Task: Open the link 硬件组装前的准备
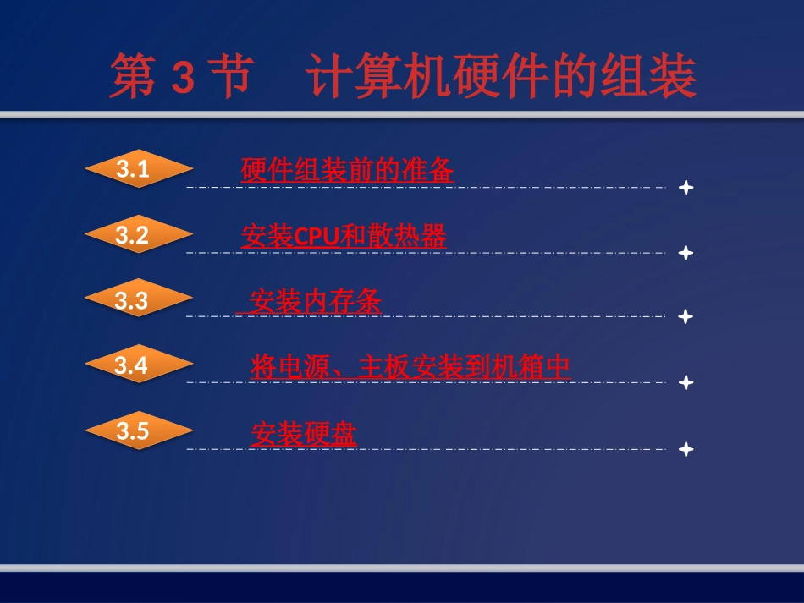347,171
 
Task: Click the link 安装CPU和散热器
344,237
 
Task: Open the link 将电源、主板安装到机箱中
410,367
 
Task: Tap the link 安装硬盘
304,434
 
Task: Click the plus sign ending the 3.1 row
686,187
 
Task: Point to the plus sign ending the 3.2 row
686,252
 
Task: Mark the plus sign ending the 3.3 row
686,316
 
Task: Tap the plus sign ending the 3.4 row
686,382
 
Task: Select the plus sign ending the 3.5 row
686,448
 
